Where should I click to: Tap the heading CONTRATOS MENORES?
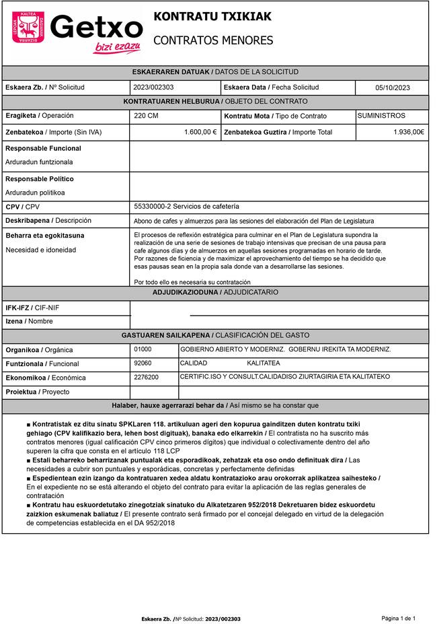click(213, 41)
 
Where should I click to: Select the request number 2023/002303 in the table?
click(154, 88)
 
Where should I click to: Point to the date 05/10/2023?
click(392, 88)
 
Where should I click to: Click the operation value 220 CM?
click(147, 116)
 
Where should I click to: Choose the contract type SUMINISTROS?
click(381, 116)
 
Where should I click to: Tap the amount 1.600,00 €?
click(200, 132)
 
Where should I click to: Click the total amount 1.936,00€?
click(408, 132)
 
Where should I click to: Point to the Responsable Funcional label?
click(43, 148)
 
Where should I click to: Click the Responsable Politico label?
click(40, 179)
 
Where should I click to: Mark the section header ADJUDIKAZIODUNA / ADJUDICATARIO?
click(215, 293)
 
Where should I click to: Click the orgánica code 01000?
click(143, 349)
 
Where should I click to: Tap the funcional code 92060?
click(143, 363)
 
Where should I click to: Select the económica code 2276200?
click(146, 378)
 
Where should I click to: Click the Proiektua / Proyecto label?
click(37, 392)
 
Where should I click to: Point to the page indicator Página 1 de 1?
click(399, 618)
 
